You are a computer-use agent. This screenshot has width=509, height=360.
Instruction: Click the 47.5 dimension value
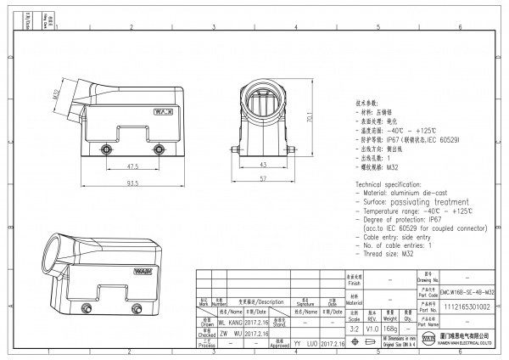pyautogui.click(x=133, y=166)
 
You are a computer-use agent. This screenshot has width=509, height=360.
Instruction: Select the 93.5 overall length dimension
pyautogui.click(x=133, y=182)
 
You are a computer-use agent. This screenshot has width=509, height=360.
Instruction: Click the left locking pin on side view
pyautogui.click(x=107, y=150)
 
